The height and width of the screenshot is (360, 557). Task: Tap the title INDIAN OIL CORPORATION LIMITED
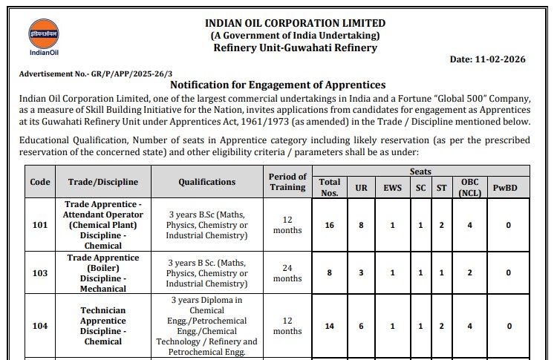pyautogui.click(x=296, y=23)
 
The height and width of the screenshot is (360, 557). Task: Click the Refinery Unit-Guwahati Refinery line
pyautogui.click(x=295, y=48)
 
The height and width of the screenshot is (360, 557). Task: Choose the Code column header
pyautogui.click(x=40, y=182)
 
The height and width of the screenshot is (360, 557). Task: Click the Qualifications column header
pyautogui.click(x=206, y=182)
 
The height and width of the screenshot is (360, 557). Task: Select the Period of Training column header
pyautogui.click(x=287, y=182)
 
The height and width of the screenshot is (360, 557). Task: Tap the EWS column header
pyautogui.click(x=392, y=188)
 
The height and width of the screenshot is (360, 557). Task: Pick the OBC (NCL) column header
pyautogui.click(x=469, y=187)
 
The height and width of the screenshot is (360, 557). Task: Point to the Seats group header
pyautogui.click(x=420, y=171)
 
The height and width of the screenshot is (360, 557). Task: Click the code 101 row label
pyautogui.click(x=40, y=225)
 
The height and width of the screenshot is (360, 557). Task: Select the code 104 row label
pyautogui.click(x=40, y=326)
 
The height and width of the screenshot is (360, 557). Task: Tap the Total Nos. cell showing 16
pyautogui.click(x=329, y=225)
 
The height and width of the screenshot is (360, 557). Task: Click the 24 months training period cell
pyautogui.click(x=287, y=273)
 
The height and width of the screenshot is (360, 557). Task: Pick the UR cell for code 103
pyautogui.click(x=361, y=273)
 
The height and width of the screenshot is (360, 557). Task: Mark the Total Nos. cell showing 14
pyautogui.click(x=329, y=326)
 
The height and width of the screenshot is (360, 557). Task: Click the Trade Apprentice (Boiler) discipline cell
pyautogui.click(x=103, y=273)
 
